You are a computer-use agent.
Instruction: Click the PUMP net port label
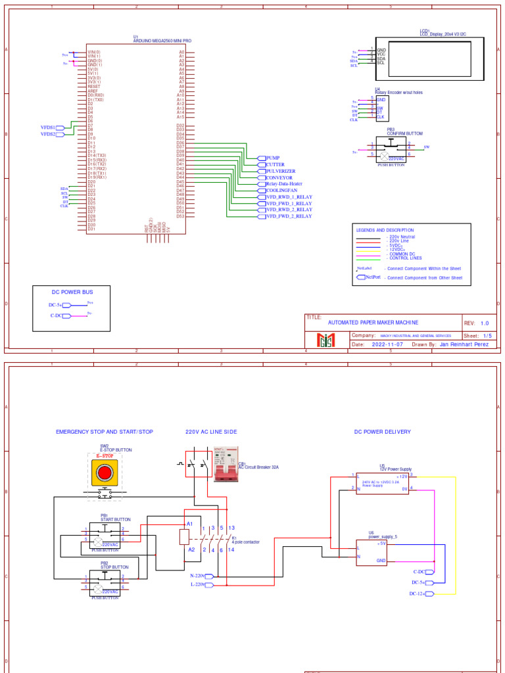point(272,158)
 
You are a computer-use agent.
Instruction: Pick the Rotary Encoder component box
point(379,108)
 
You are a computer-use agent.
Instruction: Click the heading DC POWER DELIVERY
point(382,432)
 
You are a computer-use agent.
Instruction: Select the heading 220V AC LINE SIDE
point(211,432)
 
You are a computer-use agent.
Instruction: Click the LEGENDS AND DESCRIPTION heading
point(385,230)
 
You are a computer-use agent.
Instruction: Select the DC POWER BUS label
point(72,291)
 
